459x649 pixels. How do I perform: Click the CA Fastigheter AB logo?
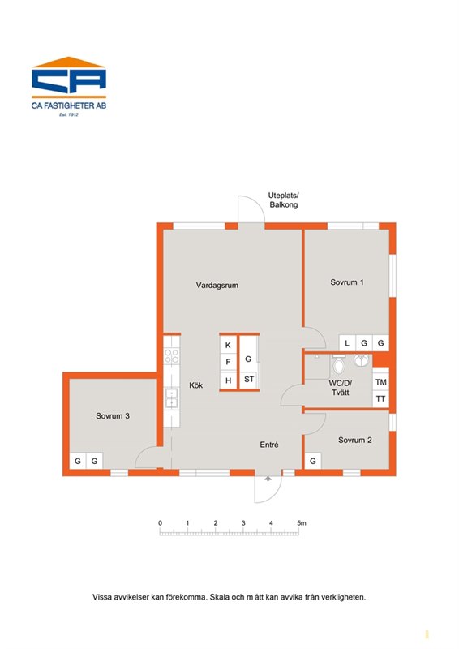(69, 86)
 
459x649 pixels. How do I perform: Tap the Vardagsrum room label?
(217, 286)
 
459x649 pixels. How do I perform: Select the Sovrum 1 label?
(347, 282)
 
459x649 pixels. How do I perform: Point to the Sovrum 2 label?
(354, 440)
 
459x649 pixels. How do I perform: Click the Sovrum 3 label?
(113, 416)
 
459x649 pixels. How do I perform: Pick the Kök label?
(195, 385)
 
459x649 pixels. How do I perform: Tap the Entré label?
(269, 445)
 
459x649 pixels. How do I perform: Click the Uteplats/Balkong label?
(284, 200)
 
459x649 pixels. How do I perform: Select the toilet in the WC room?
(339, 363)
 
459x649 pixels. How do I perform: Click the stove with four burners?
(172, 356)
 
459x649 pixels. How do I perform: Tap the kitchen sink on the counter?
(171, 398)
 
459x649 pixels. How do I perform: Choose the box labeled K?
(228, 346)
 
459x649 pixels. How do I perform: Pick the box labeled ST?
(249, 379)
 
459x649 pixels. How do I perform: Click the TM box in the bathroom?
(381, 382)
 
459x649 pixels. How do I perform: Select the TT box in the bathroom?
(381, 399)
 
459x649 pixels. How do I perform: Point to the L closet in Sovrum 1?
(347, 342)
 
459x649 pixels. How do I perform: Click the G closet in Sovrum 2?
(313, 461)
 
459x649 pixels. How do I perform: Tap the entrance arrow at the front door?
(268, 479)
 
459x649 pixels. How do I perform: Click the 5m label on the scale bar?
(302, 523)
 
